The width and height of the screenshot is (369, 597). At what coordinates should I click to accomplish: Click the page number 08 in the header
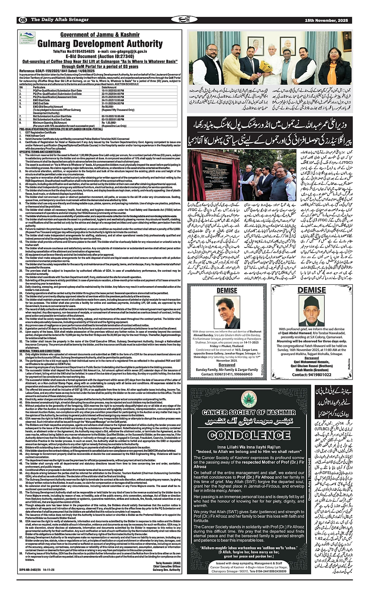[22, 20]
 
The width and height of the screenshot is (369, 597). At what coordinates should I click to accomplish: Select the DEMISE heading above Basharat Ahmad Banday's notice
[227, 290]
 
